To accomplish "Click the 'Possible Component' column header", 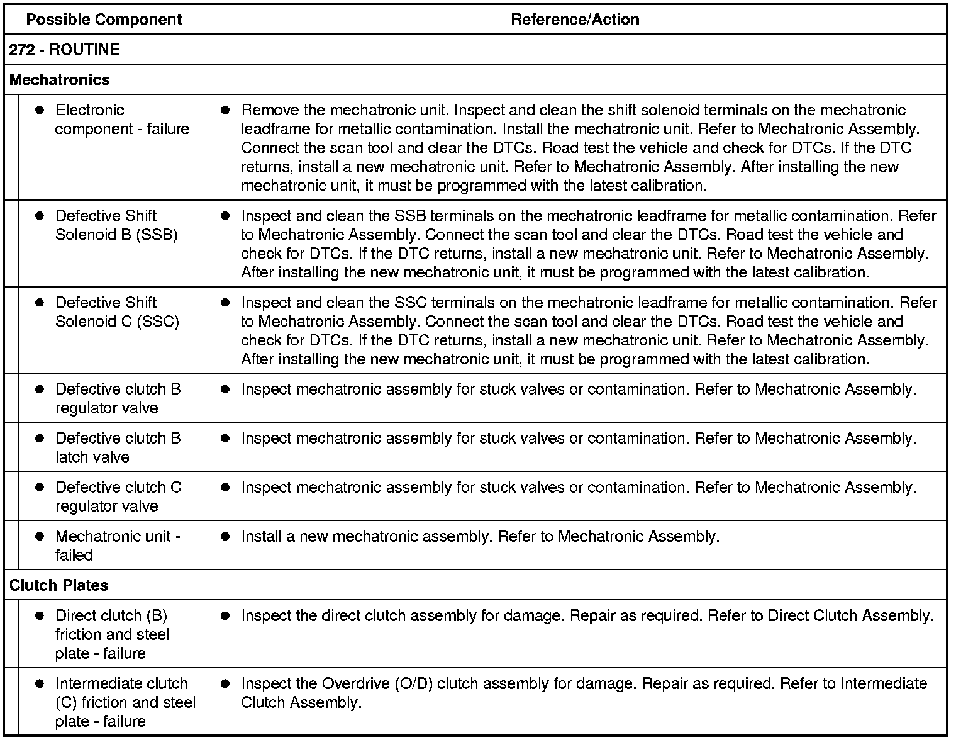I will (104, 20).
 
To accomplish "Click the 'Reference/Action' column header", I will (575, 20).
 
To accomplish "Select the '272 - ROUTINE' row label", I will (64, 50).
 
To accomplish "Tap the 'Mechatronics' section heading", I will (60, 80).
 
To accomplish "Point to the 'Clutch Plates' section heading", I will (58, 585).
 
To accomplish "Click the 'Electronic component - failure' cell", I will (122, 120).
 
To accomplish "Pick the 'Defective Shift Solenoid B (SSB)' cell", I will (116, 225).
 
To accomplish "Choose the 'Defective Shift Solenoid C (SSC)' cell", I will (117, 312).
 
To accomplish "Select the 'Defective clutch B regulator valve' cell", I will (118, 398).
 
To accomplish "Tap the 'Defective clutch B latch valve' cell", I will (118, 447).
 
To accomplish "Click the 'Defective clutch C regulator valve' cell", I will (118, 496).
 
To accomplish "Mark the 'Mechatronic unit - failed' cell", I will (118, 546).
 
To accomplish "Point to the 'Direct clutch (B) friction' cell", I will (112, 634).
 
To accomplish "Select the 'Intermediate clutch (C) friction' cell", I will (125, 702).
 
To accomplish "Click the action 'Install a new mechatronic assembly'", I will (480, 537).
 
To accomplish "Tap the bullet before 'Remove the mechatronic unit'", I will (226, 110).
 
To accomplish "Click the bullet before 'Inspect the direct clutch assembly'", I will (226, 616).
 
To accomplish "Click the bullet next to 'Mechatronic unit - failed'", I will (40, 537).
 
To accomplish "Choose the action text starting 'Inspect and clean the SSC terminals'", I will (588, 331).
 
